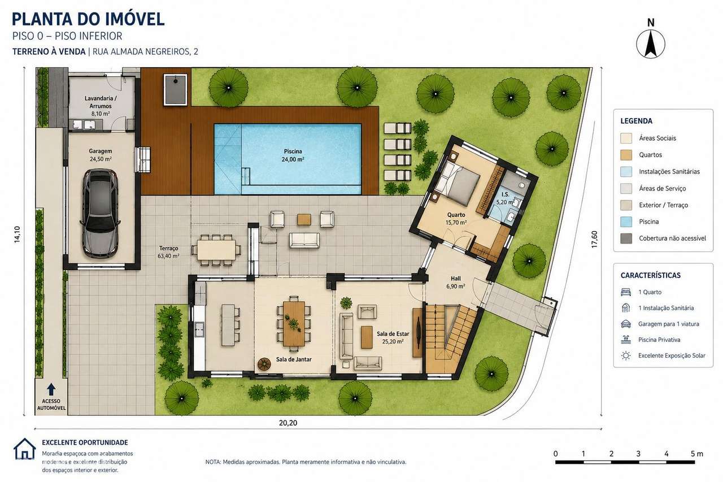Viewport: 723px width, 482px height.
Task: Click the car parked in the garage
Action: (101, 213)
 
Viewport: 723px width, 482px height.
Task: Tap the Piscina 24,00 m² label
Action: (293, 155)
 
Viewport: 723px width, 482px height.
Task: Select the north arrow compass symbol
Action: (650, 44)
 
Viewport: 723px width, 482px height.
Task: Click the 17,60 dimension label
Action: (594, 240)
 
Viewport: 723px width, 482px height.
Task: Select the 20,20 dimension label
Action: (288, 423)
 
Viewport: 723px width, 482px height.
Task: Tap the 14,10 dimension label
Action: (17, 235)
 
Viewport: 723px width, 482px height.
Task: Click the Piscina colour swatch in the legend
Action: (626, 222)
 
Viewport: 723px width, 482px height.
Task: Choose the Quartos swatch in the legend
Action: (626, 155)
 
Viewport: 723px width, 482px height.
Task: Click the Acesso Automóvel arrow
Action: (51, 389)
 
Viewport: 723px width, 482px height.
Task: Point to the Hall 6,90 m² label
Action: (456, 283)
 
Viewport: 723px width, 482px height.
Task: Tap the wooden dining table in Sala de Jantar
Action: (294, 323)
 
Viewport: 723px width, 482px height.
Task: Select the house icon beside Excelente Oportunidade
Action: (24, 449)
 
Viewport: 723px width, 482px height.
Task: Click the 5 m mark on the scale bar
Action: (695, 462)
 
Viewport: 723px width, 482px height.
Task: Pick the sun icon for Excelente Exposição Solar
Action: (626, 356)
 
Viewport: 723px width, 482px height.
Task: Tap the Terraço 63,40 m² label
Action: (168, 252)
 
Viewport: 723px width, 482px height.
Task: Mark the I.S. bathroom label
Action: (505, 194)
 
